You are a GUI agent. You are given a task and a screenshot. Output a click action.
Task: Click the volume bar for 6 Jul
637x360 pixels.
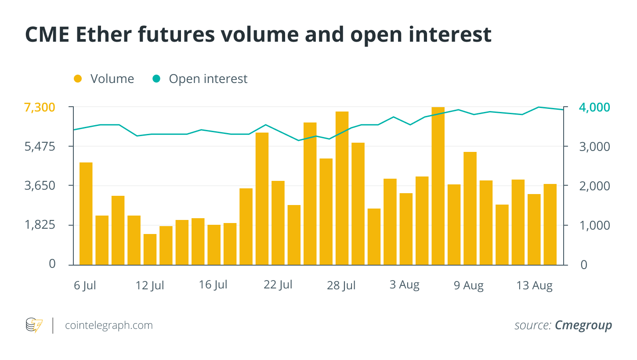pyautogui.click(x=86, y=214)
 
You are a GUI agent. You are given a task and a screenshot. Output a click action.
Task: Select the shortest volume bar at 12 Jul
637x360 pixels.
pyautogui.click(x=150, y=249)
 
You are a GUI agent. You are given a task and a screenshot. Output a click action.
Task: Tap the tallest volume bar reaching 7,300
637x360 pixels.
pyautogui.click(x=438, y=186)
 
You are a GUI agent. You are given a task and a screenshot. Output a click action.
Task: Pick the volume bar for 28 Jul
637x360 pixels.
pyautogui.click(x=342, y=188)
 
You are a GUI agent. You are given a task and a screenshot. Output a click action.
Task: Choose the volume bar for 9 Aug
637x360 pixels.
pyautogui.click(x=470, y=209)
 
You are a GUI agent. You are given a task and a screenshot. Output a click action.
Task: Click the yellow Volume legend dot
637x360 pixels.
pyautogui.click(x=78, y=79)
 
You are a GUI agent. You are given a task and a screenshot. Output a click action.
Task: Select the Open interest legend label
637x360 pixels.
pyautogui.click(x=208, y=79)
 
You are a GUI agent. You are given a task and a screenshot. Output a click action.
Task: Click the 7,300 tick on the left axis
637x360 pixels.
pyautogui.click(x=40, y=107)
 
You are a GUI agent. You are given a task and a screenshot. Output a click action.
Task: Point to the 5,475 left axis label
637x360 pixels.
pyautogui.click(x=40, y=146)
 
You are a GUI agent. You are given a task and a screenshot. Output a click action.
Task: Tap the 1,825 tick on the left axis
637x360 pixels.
pyautogui.click(x=40, y=225)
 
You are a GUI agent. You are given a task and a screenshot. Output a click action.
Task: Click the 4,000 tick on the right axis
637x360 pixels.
pyautogui.click(x=594, y=107)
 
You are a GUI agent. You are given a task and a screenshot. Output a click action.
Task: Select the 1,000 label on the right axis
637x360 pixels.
pyautogui.click(x=594, y=225)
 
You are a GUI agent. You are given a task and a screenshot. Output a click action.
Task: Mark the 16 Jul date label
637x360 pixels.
pyautogui.click(x=213, y=285)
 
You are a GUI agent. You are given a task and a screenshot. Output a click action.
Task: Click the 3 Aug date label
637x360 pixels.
pyautogui.click(x=404, y=285)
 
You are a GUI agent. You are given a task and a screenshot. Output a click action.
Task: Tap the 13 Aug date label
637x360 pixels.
pyautogui.click(x=534, y=286)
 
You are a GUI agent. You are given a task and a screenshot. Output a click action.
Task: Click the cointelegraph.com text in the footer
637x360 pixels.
pyautogui.click(x=109, y=325)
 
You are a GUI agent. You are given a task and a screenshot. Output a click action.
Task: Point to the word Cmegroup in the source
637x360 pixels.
pyautogui.click(x=583, y=325)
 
